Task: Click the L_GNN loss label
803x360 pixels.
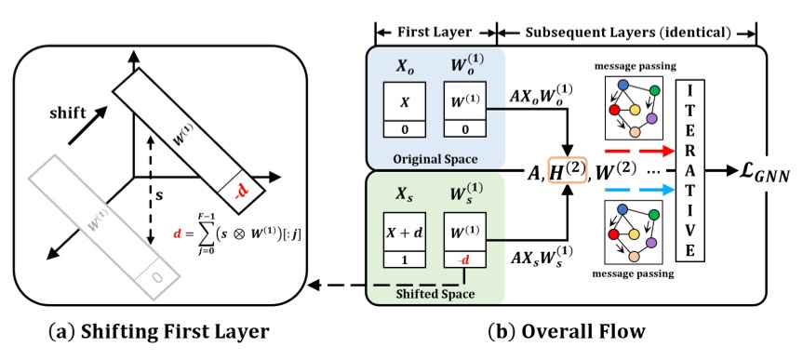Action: coord(752,172)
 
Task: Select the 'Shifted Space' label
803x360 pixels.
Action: coord(435,293)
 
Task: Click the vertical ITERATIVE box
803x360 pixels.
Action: coord(689,172)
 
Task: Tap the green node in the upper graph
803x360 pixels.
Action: coord(655,90)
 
